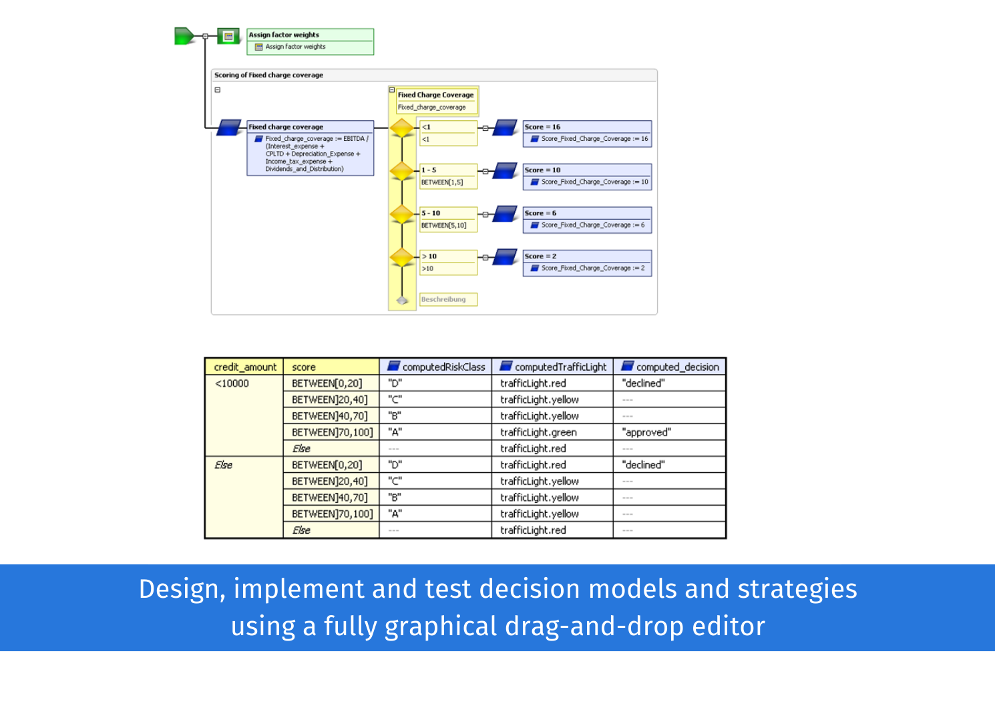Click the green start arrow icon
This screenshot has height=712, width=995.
[184, 36]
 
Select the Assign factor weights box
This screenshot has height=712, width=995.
[310, 41]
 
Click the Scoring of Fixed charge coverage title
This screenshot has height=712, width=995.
[268, 75]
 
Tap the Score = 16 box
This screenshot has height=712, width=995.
[586, 133]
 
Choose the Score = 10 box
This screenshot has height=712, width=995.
[586, 176]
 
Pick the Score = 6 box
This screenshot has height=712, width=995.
[586, 219]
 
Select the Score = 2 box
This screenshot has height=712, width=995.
[586, 262]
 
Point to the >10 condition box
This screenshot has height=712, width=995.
[448, 262]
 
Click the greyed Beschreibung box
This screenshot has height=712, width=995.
[448, 299]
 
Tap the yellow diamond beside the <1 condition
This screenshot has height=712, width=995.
[402, 128]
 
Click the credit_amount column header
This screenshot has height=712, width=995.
[244, 367]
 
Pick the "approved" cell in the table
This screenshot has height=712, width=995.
[646, 432]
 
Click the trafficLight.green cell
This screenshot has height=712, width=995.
[538, 432]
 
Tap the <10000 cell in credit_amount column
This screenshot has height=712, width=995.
[232, 383]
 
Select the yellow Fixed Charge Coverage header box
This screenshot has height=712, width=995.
[435, 101]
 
